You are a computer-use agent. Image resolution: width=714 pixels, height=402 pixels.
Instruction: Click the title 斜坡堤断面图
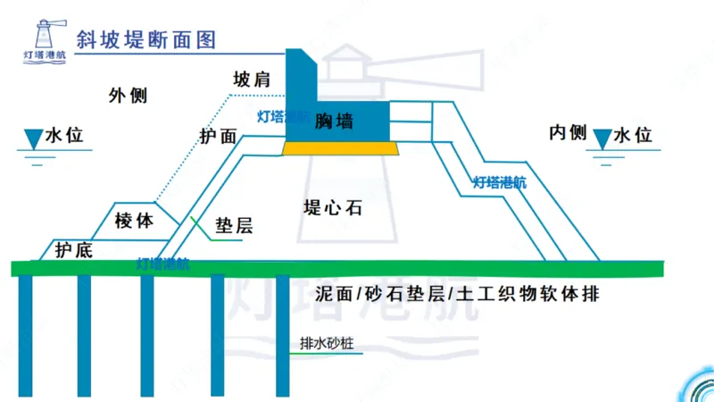pyautogui.click(x=147, y=40)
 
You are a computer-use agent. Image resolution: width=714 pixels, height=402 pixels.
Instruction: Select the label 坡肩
pyautogui.click(x=251, y=80)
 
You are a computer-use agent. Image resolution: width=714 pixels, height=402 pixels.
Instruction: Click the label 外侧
pyautogui.click(x=128, y=96)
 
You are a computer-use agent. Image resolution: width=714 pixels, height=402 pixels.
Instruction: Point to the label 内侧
pyautogui.click(x=567, y=134)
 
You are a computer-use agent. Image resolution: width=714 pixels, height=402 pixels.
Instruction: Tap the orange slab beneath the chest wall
pyautogui.click(x=340, y=148)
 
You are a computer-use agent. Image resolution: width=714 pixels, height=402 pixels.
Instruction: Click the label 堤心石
pyautogui.click(x=332, y=208)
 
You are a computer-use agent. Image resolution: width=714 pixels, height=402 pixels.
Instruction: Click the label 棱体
pyautogui.click(x=135, y=220)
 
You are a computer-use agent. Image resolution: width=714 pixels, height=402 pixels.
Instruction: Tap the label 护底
pyautogui.click(x=73, y=250)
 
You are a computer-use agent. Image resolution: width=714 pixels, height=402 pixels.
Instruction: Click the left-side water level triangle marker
pyautogui.click(x=33, y=138)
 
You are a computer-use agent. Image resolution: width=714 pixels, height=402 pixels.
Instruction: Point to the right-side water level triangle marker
pyautogui.click(x=602, y=138)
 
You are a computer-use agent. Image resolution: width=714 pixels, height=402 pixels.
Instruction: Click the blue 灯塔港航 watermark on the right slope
pyautogui.click(x=499, y=183)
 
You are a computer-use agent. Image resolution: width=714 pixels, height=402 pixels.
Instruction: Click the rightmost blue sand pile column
pyautogui.click(x=282, y=335)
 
